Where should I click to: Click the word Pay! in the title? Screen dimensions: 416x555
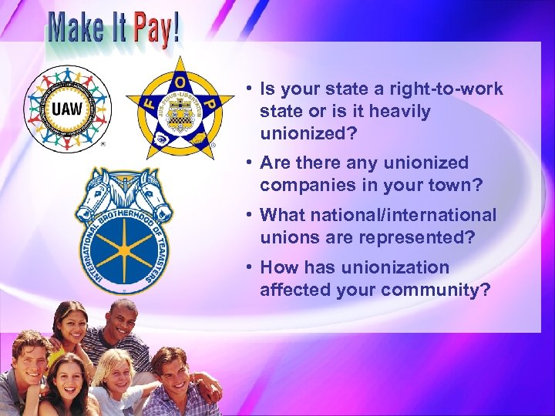(x=156, y=29)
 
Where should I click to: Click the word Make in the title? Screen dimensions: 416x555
(x=76, y=29)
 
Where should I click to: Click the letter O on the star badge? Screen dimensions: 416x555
(x=180, y=81)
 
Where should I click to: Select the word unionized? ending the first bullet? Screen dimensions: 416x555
(x=308, y=133)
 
